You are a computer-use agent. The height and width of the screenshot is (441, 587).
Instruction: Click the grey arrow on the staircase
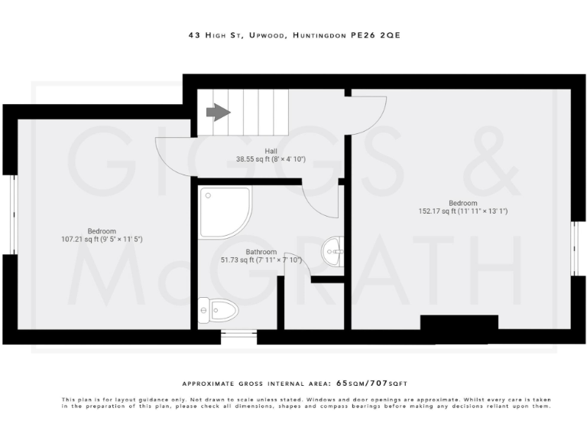click(x=218, y=113)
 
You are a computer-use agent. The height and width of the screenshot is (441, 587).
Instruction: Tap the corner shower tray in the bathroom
click(x=224, y=211)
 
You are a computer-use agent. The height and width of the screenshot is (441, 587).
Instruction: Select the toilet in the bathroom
click(x=218, y=310)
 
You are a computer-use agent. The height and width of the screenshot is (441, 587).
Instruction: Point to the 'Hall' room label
click(x=271, y=151)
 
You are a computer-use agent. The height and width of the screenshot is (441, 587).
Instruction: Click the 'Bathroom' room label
click(x=261, y=251)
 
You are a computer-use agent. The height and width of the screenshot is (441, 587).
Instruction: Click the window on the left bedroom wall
click(x=11, y=214)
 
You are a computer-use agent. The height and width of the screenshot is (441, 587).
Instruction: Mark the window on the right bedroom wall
click(x=576, y=250)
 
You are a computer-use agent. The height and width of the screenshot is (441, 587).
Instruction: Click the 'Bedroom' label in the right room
click(x=462, y=203)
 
